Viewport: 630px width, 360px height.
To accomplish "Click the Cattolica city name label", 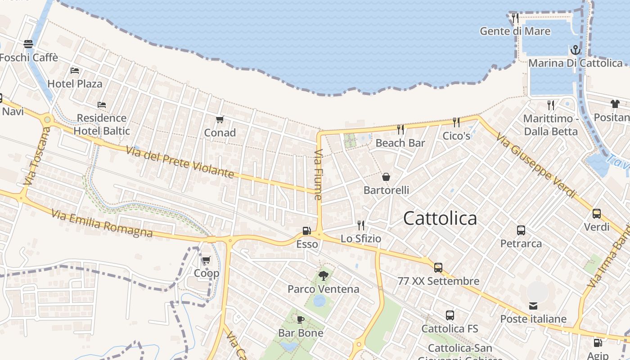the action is coord(440,218).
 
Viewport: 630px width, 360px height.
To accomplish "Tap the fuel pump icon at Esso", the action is coord(307,231).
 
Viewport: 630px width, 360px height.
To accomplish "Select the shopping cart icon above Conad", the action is coord(220,119).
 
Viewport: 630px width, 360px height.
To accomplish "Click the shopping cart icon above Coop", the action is coord(206,260).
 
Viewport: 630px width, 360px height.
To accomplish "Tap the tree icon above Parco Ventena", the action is coord(323,275).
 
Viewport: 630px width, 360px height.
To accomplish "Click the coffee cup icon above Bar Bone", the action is coord(300,319).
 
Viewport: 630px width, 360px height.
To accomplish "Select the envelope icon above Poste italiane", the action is coord(533,306).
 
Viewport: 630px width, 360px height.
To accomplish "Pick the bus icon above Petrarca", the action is coord(521,230).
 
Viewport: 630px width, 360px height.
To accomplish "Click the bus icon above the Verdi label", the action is coord(597,214).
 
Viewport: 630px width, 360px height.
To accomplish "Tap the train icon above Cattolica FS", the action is coord(450,315).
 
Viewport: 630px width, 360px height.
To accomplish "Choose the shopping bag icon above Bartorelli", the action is coord(386,177).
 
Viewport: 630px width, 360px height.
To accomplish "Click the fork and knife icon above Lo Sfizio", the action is coord(360,225).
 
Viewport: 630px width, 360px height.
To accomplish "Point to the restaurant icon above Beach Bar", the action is coord(400,130).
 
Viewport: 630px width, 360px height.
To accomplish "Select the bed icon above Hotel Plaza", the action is coord(75,70).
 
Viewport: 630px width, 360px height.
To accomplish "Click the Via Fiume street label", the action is coord(318,175).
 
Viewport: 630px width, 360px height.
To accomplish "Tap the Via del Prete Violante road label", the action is coord(180,162).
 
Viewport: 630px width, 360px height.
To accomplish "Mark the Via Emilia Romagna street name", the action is coord(102,223).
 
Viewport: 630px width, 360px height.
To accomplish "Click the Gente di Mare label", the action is coord(515,31).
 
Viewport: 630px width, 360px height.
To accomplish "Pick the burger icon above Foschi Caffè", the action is coord(28,44).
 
